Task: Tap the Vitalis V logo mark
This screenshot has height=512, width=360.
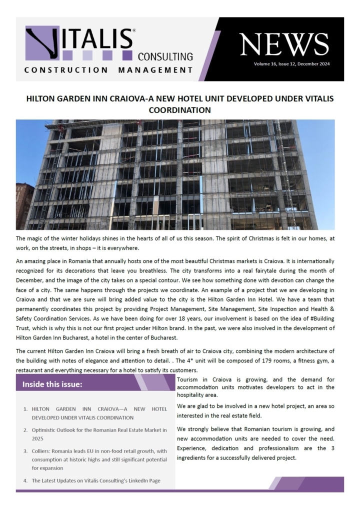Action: click(x=42, y=44)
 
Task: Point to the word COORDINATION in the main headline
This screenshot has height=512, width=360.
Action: click(x=180, y=110)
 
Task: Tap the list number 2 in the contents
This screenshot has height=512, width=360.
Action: click(x=25, y=429)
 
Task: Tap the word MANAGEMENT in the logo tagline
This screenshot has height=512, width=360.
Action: click(x=155, y=70)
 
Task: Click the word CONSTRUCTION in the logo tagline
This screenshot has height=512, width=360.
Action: click(x=66, y=70)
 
